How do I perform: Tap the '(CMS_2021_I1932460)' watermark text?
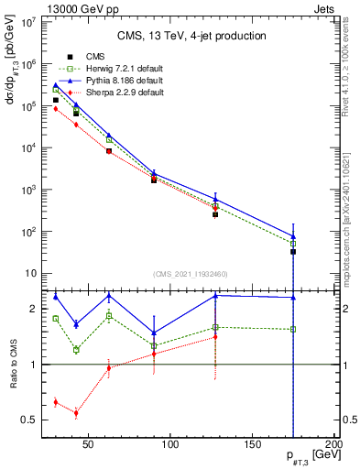coord(191,274)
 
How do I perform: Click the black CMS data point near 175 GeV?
coord(293,250)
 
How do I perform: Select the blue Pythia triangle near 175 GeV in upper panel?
coord(293,236)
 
